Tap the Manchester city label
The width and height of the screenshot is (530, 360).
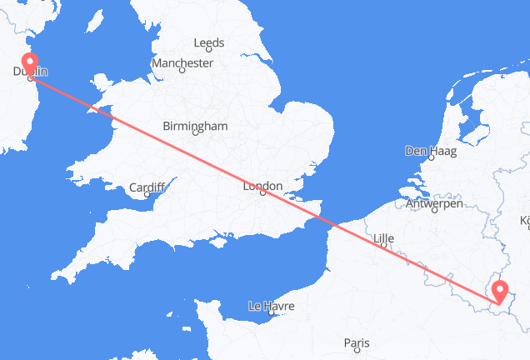tap(182, 62)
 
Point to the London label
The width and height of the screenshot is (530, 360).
tap(262, 186)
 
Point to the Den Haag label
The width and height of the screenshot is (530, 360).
tap(426, 152)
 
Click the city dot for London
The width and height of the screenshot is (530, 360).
tap(262, 193)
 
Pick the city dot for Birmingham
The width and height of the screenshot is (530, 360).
tap(194, 132)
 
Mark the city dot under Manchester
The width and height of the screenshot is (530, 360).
tap(182, 70)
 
